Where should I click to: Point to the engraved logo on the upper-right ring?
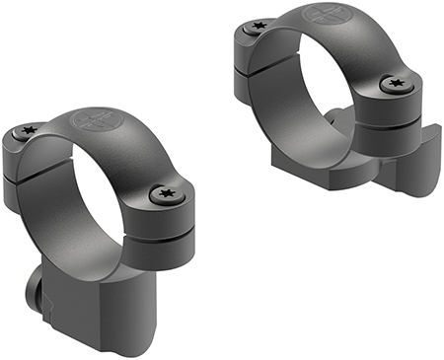330,17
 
